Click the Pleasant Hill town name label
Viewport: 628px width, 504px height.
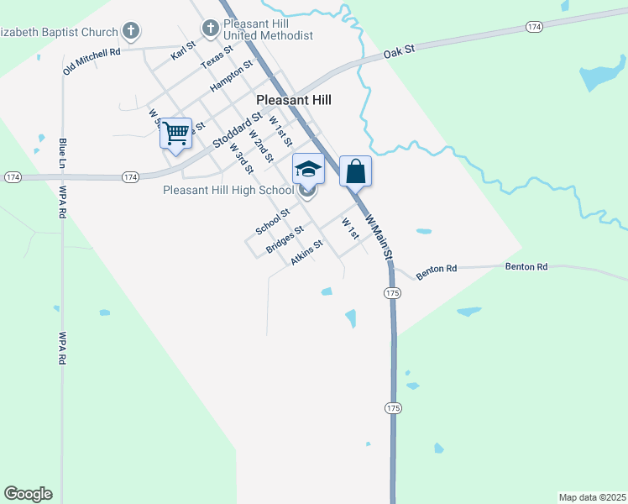[x=293, y=100]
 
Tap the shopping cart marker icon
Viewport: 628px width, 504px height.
[x=175, y=134]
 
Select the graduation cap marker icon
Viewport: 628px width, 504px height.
[x=308, y=169]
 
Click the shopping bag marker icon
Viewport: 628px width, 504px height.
[x=355, y=171]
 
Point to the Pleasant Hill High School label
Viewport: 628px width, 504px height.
[x=228, y=190]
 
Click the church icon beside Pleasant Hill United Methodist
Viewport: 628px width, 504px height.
[x=209, y=30]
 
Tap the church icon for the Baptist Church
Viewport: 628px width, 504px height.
[x=130, y=32]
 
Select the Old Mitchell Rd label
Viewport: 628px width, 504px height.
[x=92, y=61]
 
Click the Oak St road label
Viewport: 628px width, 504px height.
[x=400, y=52]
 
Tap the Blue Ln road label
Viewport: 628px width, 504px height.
[x=62, y=154]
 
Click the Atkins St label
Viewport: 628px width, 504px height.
[x=306, y=254]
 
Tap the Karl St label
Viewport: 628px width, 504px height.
[x=182, y=50]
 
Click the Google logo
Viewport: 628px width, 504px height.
[x=28, y=494]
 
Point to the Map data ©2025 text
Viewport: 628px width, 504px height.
[x=592, y=496]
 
